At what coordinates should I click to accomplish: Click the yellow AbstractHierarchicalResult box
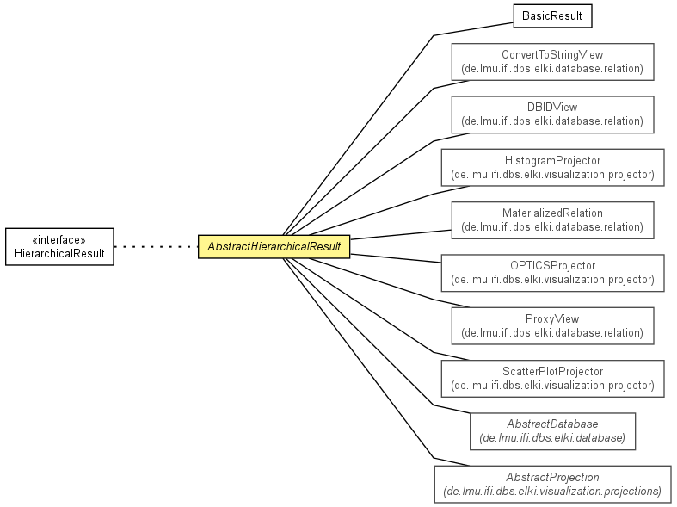(274, 246)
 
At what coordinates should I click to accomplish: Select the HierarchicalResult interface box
(59, 246)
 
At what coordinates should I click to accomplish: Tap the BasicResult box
(552, 16)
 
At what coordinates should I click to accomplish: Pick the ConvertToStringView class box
(552, 62)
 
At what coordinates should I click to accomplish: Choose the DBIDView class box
(552, 114)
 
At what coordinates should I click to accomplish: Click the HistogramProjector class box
(552, 168)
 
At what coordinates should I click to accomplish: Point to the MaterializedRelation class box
(552, 220)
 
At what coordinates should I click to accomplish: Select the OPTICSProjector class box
(552, 273)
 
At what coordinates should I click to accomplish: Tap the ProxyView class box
(552, 326)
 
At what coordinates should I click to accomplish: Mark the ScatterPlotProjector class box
(552, 379)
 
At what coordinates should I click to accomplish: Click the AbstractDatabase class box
(552, 431)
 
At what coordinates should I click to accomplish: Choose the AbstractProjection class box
(552, 484)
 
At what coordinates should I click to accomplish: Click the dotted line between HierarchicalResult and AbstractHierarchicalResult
(156, 246)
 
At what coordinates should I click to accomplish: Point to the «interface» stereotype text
(59, 239)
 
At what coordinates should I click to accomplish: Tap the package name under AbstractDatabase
(552, 438)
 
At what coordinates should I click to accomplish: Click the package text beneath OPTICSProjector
(552, 280)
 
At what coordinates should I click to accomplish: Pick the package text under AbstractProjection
(552, 491)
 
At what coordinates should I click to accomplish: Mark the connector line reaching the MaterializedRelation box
(401, 234)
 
